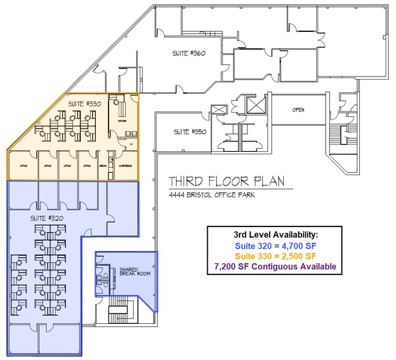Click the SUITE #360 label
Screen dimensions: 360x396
[x=188, y=54]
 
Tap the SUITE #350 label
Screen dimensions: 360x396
[x=186, y=132]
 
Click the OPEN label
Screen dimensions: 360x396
[x=299, y=110]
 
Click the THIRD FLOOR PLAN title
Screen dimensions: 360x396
[x=226, y=182]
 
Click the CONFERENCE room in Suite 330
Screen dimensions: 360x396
[x=126, y=165]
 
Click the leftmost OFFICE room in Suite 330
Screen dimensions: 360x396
[x=23, y=165]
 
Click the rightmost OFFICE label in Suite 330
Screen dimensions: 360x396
[x=86, y=165]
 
